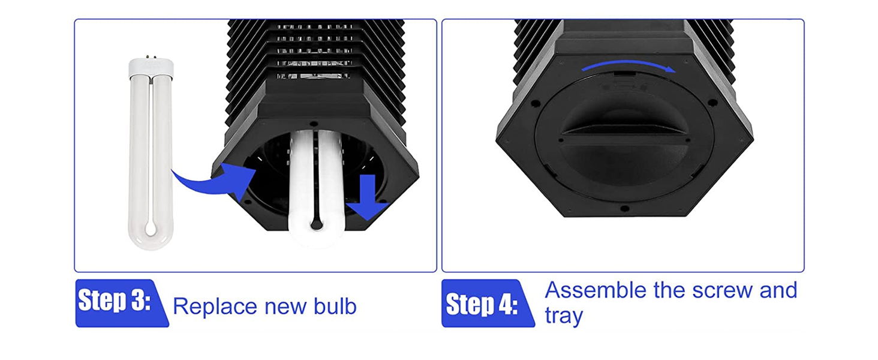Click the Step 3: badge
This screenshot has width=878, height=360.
122,303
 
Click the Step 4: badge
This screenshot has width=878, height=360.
488,303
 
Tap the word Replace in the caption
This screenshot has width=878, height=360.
215,306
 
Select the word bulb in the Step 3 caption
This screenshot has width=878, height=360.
335,306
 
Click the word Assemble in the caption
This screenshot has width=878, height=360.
596,290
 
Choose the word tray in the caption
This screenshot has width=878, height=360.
564,316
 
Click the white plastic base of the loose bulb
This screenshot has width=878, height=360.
151,67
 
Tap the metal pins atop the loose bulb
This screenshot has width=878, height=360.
149,57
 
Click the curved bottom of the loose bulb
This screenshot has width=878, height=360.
151,235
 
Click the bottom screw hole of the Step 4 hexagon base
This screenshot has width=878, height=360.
625,209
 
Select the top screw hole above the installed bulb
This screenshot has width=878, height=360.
313,124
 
